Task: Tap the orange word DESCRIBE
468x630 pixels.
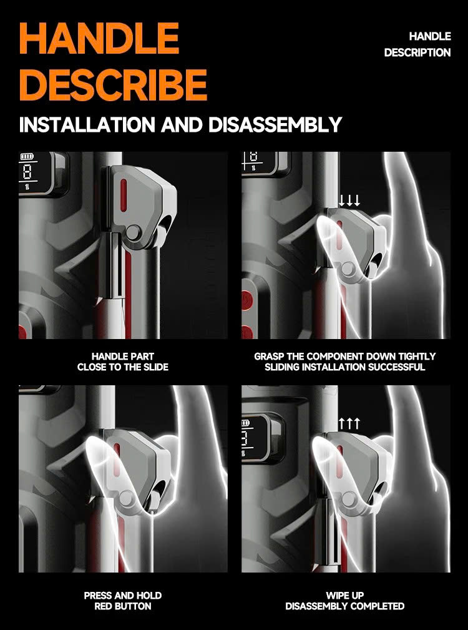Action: (x=113, y=85)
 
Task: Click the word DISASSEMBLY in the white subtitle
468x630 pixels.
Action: (x=275, y=124)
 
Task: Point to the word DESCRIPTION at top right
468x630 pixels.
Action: (x=417, y=52)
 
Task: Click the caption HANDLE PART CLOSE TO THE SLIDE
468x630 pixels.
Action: (x=123, y=362)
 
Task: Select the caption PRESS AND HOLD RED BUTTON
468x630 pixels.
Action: (x=123, y=601)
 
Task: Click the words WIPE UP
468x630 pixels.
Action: (x=345, y=596)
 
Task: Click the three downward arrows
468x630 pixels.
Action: (x=349, y=200)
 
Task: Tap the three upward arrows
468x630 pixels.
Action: (x=349, y=423)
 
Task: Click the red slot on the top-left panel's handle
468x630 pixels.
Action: (x=124, y=194)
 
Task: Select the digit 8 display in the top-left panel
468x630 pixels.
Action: (x=27, y=172)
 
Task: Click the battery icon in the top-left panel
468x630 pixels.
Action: (x=27, y=156)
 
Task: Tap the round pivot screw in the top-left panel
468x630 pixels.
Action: (x=133, y=232)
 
